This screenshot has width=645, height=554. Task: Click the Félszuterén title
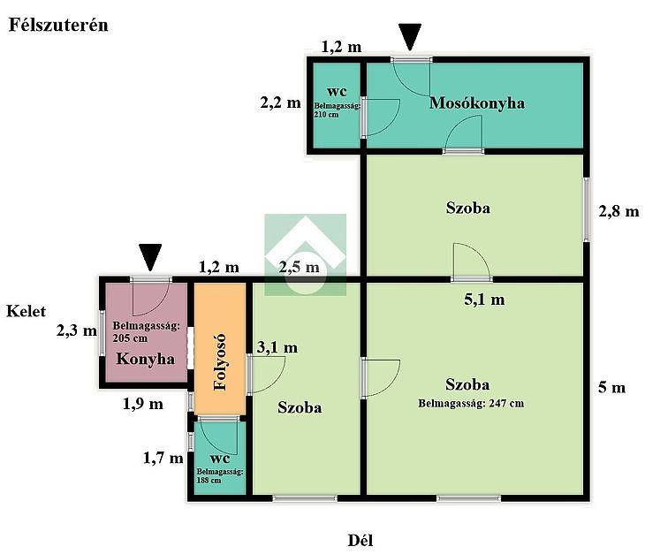click(58, 25)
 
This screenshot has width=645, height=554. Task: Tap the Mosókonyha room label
click(477, 102)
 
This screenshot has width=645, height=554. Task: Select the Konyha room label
click(145, 359)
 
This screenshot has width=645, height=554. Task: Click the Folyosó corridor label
click(220, 361)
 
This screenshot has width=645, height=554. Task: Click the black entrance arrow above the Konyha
click(150, 257)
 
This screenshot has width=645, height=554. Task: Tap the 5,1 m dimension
click(484, 300)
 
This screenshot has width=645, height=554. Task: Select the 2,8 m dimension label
click(618, 211)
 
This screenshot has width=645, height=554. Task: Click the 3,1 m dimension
click(277, 347)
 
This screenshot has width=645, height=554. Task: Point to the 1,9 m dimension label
click(143, 404)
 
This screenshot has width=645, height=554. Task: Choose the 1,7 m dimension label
click(163, 458)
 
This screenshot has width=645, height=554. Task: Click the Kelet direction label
click(26, 311)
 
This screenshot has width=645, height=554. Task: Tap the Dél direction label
click(360, 541)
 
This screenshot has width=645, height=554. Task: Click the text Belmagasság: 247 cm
click(471, 404)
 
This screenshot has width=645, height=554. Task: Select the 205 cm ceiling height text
click(130, 338)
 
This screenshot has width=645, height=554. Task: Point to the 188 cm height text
click(209, 480)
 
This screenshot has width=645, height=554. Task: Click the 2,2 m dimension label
click(281, 102)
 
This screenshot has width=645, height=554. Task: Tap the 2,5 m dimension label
click(299, 268)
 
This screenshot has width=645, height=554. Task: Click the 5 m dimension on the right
click(611, 387)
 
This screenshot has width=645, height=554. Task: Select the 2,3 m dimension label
click(77, 330)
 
